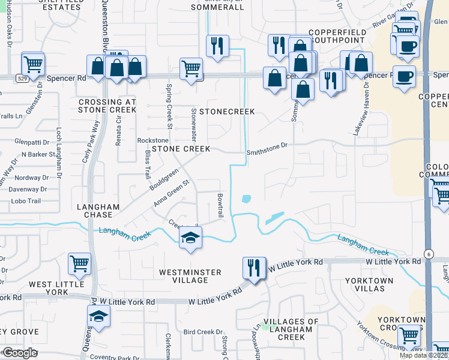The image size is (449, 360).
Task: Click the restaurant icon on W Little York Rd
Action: click(254, 268)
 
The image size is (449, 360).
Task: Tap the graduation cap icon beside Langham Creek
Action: click(190, 238)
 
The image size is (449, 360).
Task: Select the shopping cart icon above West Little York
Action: click(79, 263)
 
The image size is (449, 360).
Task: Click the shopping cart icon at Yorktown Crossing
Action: click(409, 335)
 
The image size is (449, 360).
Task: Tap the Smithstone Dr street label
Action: click(268, 145)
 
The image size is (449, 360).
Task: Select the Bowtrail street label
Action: click(220, 205)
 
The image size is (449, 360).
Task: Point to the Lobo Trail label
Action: click(25, 201)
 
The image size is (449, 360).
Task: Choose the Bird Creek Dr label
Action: click(203, 331)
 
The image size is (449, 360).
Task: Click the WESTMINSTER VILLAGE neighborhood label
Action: click(190, 277)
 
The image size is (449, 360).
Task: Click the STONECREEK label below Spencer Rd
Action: click(228, 112)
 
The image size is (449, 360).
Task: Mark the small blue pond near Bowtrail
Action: click(246, 199)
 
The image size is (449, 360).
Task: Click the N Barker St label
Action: click(35, 154)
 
